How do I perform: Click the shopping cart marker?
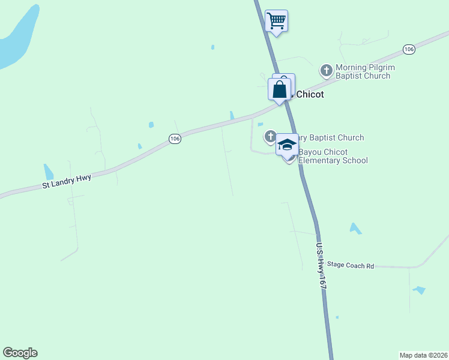pyautogui.click(x=276, y=21)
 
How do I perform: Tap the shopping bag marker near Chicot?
pyautogui.click(x=280, y=90)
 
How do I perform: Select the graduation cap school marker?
pyautogui.click(x=288, y=145)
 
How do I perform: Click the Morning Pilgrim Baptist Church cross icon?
pyautogui.click(x=327, y=71)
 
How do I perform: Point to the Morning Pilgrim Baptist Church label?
pyautogui.click(x=363, y=71)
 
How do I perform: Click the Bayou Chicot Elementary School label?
pyautogui.click(x=334, y=156)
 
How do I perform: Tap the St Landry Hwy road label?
pyautogui.click(x=66, y=182)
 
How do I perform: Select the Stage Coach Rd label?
pyautogui.click(x=351, y=265)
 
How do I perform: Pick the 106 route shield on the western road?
pyautogui.click(x=175, y=139)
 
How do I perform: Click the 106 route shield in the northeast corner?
pyautogui.click(x=409, y=49)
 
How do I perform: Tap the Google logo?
pyautogui.click(x=20, y=353)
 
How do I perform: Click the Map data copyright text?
pyautogui.click(x=423, y=355)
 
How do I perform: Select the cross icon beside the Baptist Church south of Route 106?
pyautogui.click(x=270, y=137)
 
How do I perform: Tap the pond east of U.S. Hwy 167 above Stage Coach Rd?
pyautogui.click(x=355, y=229)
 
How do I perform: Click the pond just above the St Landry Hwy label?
pyautogui.click(x=49, y=172)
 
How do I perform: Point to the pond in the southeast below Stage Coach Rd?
pyautogui.click(x=419, y=290)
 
